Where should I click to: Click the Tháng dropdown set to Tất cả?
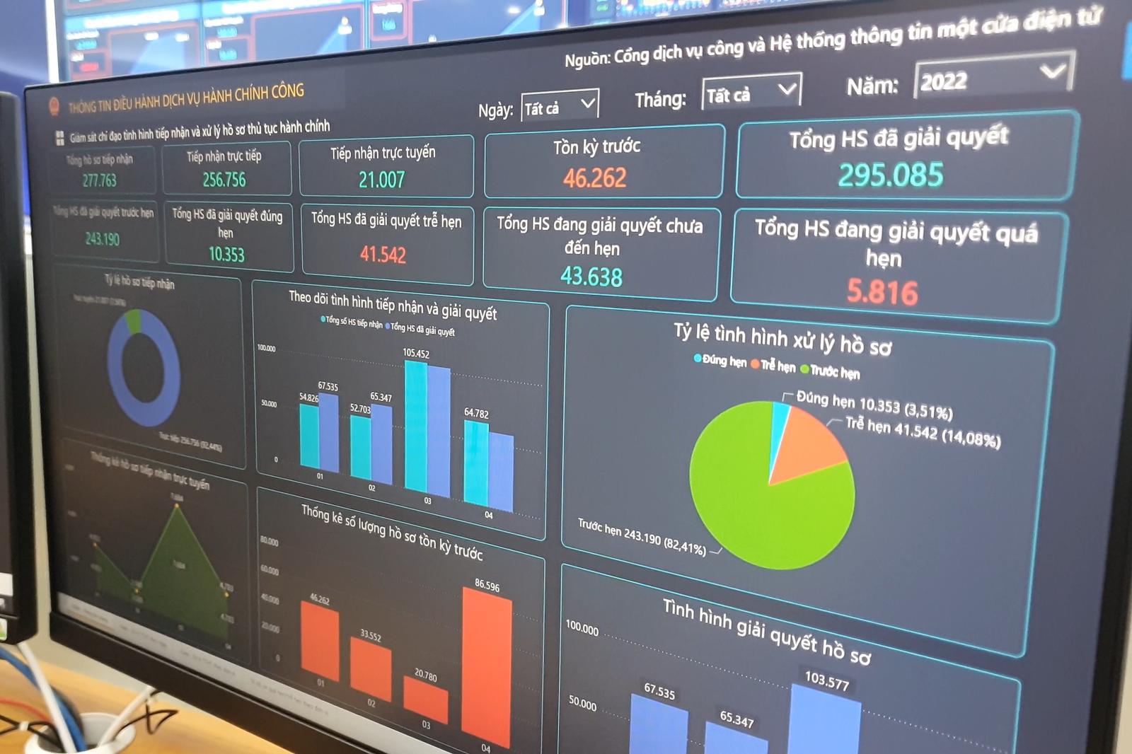point(751,93)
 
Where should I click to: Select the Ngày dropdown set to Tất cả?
point(560,105)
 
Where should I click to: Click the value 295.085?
point(891,175)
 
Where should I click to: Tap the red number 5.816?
point(882,291)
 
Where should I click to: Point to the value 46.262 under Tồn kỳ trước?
point(595,178)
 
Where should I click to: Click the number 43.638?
point(591,276)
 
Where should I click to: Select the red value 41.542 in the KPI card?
point(383,254)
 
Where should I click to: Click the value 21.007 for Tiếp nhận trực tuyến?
point(381,180)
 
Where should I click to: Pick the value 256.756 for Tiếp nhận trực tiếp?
point(224,180)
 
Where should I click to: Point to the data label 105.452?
point(416,353)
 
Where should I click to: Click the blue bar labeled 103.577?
point(824,721)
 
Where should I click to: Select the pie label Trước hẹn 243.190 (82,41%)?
point(641,537)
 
